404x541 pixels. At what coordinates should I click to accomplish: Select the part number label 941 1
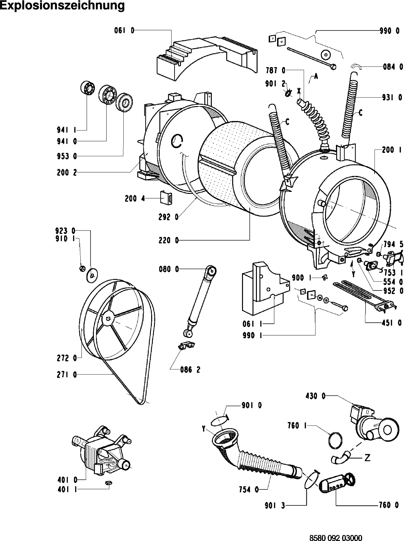[x=67, y=129]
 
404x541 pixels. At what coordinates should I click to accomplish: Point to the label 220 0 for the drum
[x=168, y=241]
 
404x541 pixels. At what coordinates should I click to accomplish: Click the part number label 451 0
[x=392, y=323]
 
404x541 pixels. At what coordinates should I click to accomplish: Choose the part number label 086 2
[x=190, y=369]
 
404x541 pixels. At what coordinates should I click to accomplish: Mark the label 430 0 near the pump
[x=316, y=396]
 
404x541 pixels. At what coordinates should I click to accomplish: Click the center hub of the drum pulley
[x=108, y=318]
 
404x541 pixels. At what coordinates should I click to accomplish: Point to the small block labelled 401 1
[x=108, y=482]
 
